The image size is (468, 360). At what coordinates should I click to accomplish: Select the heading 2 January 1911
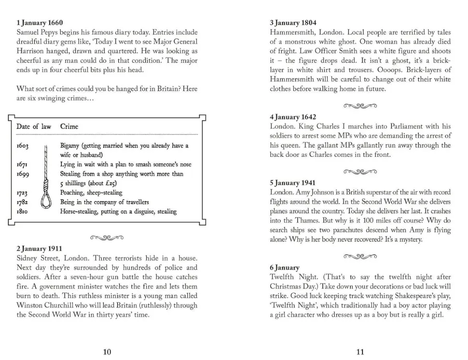(39, 249)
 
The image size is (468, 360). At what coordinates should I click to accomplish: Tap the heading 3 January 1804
(293, 23)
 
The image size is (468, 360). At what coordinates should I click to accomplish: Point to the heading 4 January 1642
(293, 117)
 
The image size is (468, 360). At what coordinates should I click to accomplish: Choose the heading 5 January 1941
(292, 183)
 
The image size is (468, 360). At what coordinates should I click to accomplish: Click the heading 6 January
(285, 267)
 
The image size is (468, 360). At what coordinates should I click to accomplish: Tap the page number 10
(107, 352)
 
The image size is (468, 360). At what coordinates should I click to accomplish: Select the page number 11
(360, 352)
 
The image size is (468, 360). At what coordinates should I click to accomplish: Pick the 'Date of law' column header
(34, 126)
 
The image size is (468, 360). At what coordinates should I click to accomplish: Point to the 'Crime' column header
(69, 126)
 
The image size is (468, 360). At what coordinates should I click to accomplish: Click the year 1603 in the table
(23, 145)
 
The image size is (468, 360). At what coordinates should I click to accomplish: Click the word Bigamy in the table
(69, 146)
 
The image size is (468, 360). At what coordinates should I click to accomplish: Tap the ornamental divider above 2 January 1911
(107, 237)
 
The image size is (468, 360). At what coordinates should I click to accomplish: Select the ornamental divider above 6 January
(360, 256)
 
